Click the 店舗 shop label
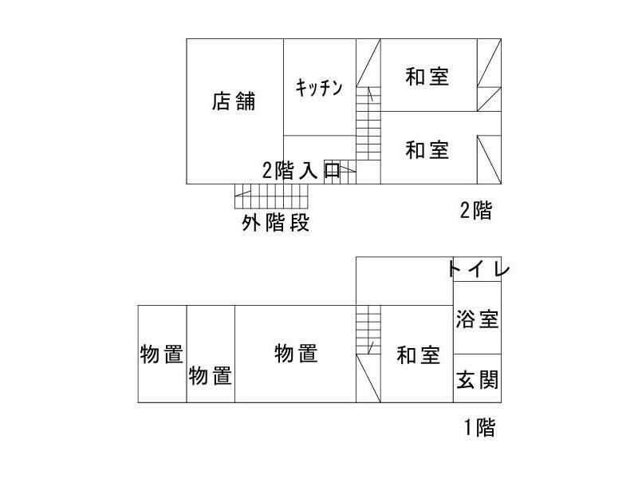(x=234, y=101)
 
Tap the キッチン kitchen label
(x=319, y=88)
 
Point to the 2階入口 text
(x=301, y=170)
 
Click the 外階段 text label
(x=275, y=223)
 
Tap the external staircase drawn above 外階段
(x=270, y=196)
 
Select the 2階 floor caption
(x=476, y=211)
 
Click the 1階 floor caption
(x=479, y=428)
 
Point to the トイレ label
(x=478, y=269)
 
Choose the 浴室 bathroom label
(x=477, y=320)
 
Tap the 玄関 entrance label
(x=477, y=379)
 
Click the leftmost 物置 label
(x=162, y=354)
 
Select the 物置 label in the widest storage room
(x=296, y=353)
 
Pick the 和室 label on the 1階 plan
(x=418, y=355)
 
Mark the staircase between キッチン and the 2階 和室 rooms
(x=368, y=124)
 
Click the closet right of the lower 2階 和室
(x=489, y=159)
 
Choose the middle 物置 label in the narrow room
(x=211, y=375)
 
